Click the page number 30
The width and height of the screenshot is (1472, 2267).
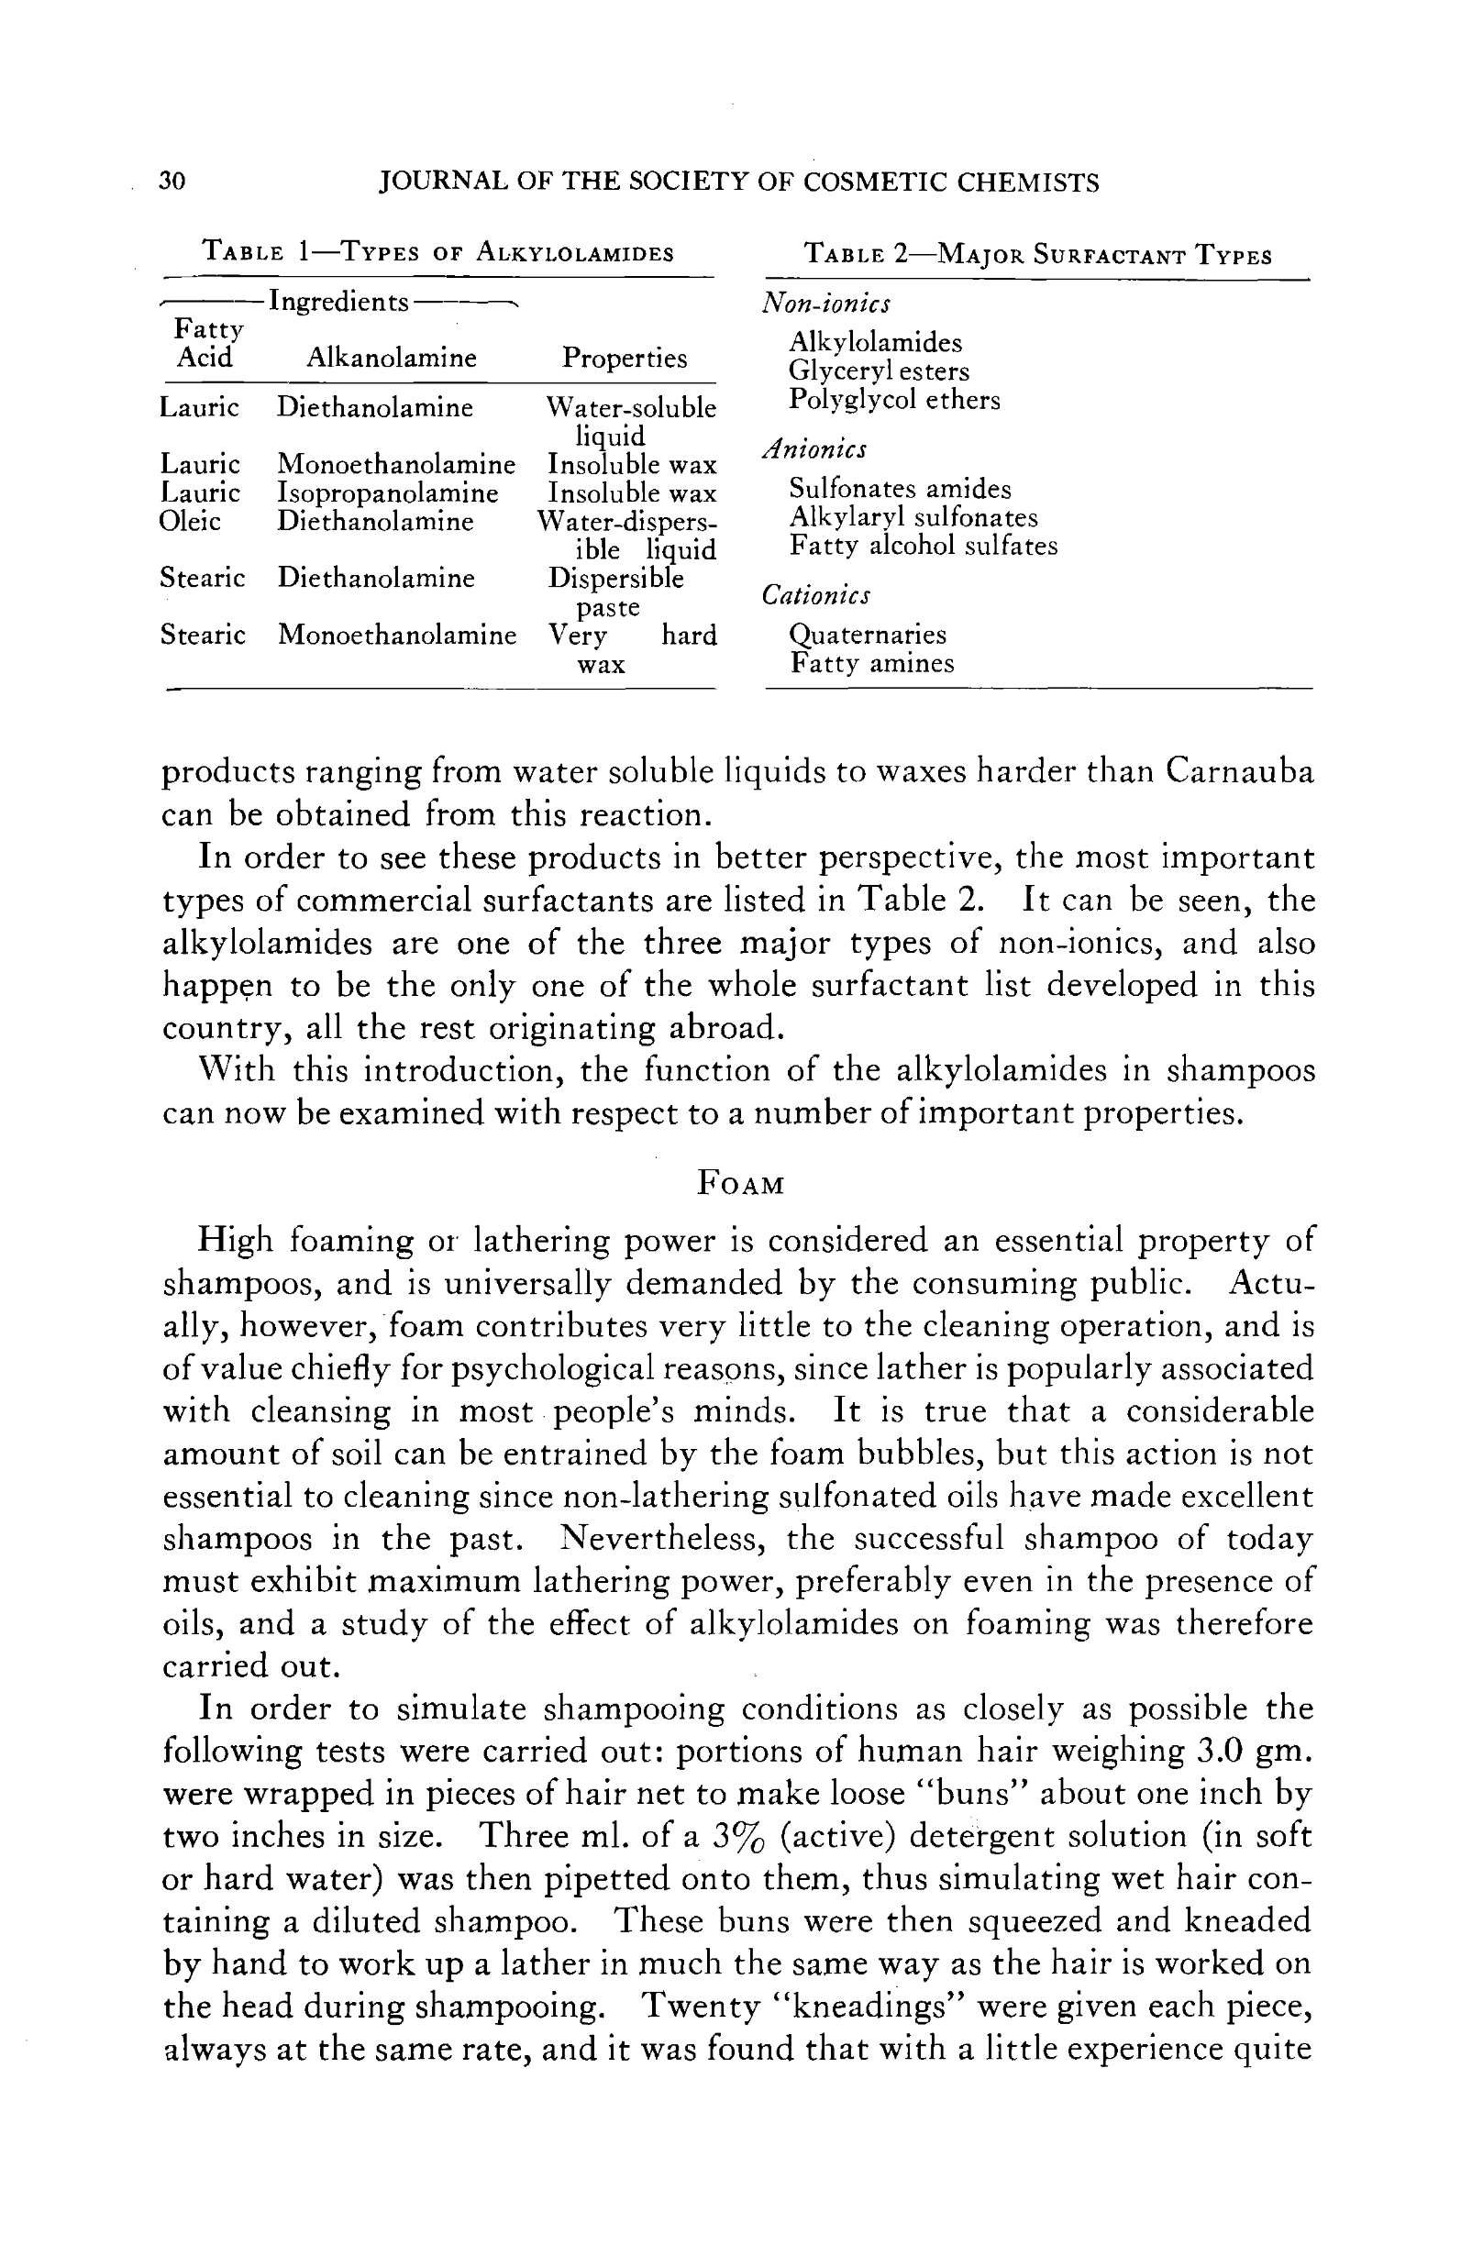[x=172, y=181]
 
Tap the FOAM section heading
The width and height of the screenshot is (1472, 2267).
[x=740, y=1184]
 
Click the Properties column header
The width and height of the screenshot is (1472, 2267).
[x=624, y=359]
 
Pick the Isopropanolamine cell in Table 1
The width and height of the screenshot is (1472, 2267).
[x=388, y=493]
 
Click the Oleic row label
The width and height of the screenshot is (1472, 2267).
[x=191, y=522]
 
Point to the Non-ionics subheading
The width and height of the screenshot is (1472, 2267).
[x=826, y=304]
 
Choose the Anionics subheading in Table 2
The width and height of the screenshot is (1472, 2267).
[x=814, y=448]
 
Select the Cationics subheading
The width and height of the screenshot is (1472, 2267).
[x=815, y=595]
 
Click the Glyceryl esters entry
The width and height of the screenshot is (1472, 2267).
[x=879, y=371]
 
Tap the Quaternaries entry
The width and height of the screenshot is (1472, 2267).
[x=867, y=635]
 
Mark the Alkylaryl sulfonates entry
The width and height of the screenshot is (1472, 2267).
[x=913, y=518]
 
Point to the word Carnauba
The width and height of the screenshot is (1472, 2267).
[x=1238, y=770]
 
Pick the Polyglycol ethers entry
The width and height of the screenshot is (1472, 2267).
[x=893, y=400]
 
